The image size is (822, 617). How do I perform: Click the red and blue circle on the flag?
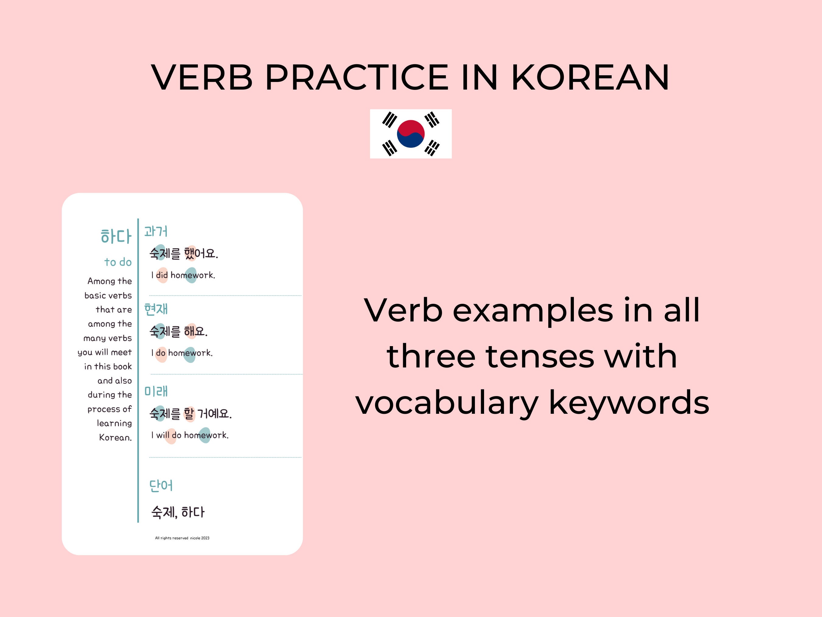(x=411, y=133)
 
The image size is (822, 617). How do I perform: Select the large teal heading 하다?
(x=116, y=236)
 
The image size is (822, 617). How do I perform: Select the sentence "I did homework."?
(x=183, y=275)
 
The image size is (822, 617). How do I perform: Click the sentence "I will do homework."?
(x=190, y=435)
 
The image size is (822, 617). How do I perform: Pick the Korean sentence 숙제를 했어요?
(x=184, y=253)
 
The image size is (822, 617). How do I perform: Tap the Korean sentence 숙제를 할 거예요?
(x=190, y=413)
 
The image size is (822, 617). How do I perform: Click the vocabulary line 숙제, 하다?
(x=177, y=512)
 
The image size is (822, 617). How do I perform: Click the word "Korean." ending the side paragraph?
(x=115, y=437)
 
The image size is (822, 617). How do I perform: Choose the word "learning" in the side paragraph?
(x=114, y=423)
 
